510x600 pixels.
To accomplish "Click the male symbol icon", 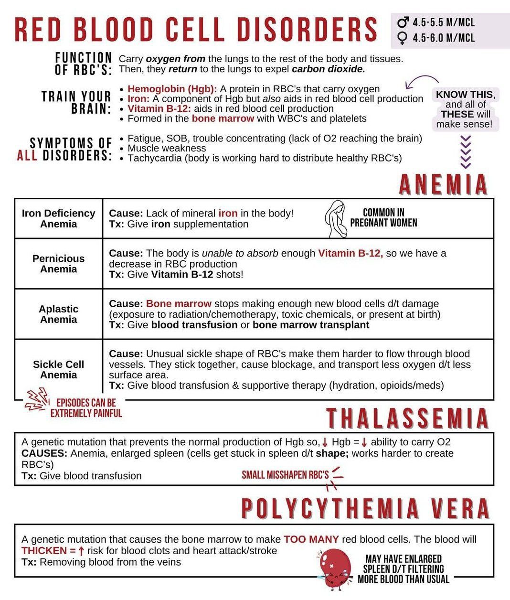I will tap(403, 22).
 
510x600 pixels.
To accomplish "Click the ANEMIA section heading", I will tap(443, 185).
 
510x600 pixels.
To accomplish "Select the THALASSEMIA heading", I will tap(408, 418).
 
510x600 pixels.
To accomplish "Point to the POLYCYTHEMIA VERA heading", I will tap(365, 508).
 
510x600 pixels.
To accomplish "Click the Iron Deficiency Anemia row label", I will tap(58, 219).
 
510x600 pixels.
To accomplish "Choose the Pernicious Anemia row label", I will tap(58, 264).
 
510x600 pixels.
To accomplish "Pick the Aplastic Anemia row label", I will tap(58, 314).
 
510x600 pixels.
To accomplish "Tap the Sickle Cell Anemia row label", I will tap(58, 370).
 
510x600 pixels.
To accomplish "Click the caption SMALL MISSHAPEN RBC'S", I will tap(285, 475).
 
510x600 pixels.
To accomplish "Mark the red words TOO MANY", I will tap(311, 539).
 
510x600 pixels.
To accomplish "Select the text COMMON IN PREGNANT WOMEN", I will tap(383, 218).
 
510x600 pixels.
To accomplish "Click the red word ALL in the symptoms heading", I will tap(27, 156).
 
